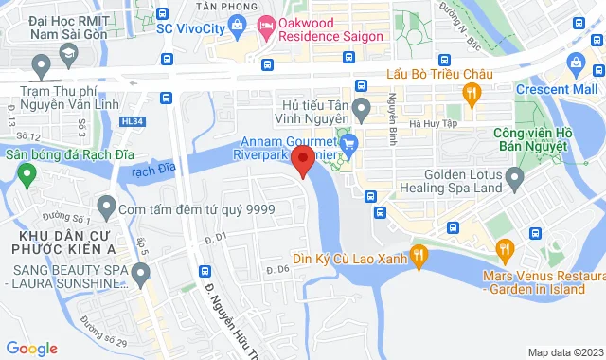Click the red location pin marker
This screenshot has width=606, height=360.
click(x=302, y=158)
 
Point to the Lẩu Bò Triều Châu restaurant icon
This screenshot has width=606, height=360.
click(x=471, y=93)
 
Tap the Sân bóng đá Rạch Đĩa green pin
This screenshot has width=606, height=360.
click(x=27, y=174)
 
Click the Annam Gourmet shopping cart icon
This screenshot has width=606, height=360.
click(x=348, y=144)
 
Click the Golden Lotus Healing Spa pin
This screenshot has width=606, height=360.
click(x=515, y=176)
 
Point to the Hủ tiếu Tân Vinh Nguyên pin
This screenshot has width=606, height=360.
click(x=361, y=112)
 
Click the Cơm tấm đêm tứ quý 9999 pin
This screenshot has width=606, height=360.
click(x=106, y=206)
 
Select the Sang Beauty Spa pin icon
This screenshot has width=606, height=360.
click(x=141, y=276)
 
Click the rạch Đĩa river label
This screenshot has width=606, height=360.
click(x=154, y=171)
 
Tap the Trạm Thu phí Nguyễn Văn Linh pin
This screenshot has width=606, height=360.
click(x=41, y=66)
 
